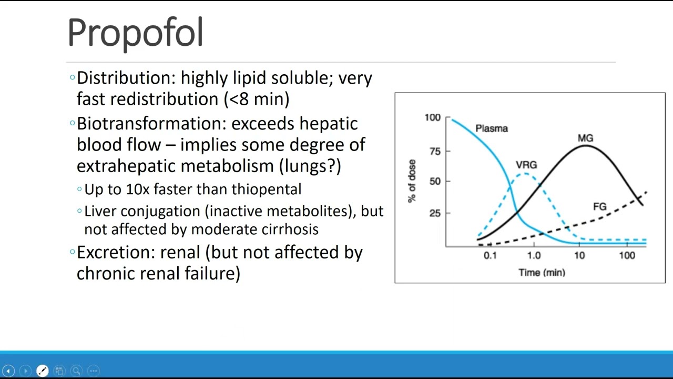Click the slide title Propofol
(135, 33)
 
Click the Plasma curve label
(491, 128)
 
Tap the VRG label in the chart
(526, 165)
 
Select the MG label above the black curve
(585, 138)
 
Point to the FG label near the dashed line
(599, 207)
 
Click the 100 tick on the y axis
(432, 117)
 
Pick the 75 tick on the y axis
(435, 151)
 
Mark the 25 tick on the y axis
(435, 213)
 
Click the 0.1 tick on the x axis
(490, 256)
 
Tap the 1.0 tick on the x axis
(534, 256)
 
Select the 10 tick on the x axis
(579, 256)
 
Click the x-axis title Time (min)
(542, 273)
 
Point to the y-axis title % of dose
(412, 181)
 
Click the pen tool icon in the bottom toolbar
(43, 371)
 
